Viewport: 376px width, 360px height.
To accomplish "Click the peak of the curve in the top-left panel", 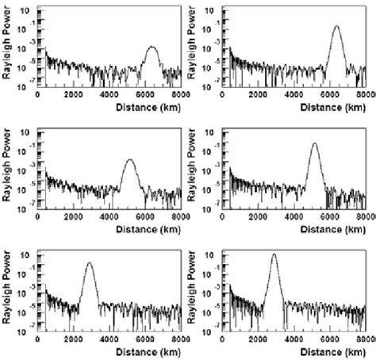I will point(152,47).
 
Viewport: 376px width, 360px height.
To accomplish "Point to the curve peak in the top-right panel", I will point(337,26).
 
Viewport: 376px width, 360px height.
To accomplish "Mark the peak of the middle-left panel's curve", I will point(129,159).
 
